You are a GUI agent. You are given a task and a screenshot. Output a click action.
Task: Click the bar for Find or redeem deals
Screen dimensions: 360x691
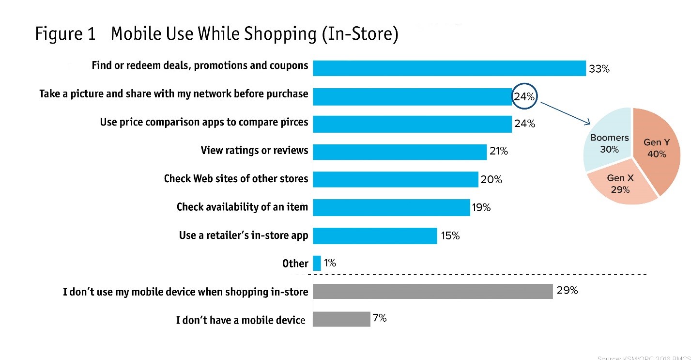[x=449, y=68]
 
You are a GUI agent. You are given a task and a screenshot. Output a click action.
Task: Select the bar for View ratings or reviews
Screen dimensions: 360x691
[x=399, y=152]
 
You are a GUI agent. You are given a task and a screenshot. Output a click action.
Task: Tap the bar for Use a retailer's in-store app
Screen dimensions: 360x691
[x=375, y=236]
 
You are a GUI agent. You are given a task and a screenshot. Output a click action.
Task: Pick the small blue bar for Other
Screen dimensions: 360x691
[x=317, y=264]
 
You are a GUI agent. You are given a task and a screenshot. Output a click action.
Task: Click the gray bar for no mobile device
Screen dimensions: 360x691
[x=341, y=319]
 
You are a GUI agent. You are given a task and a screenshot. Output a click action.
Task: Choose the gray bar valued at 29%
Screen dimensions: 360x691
[x=432, y=291]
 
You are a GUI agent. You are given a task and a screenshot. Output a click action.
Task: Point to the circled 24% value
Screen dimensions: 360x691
[x=524, y=97]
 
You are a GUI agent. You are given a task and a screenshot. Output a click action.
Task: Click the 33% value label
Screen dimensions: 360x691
[x=599, y=69]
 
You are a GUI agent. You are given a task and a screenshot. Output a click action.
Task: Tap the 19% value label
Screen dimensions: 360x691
[x=481, y=208]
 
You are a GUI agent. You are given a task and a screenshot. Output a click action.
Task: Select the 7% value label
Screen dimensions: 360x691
[x=380, y=318]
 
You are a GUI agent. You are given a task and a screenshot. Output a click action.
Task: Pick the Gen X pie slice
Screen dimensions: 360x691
[x=620, y=184]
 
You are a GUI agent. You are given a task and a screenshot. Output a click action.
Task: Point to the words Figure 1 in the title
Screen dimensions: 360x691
[x=65, y=35]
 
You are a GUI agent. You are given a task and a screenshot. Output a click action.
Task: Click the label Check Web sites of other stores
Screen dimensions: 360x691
[x=236, y=179]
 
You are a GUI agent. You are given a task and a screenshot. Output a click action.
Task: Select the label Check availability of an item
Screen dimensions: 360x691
[x=242, y=207]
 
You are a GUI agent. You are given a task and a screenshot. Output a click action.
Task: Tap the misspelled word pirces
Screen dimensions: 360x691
[x=292, y=122]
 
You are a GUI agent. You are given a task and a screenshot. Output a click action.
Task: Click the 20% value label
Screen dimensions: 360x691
[x=491, y=180]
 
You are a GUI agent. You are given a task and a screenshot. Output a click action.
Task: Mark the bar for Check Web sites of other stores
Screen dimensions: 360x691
[x=395, y=179]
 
